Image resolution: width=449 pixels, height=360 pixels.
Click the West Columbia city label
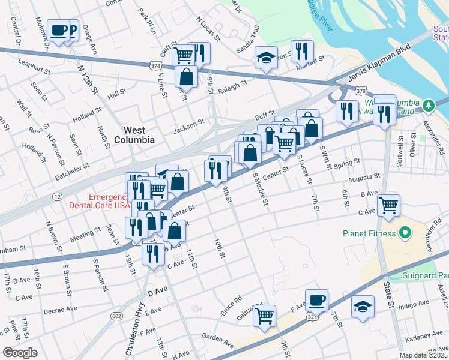coord(139,134)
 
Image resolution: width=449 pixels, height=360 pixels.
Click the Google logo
coord(19,353)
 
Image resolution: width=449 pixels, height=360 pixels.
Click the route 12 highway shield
coord(57,197)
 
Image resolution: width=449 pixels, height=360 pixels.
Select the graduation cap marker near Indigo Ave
coord(363,307)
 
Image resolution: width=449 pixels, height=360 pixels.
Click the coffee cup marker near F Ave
coord(316,300)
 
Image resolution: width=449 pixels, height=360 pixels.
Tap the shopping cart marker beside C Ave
coord(389,206)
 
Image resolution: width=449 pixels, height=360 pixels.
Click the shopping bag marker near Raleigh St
coord(187,77)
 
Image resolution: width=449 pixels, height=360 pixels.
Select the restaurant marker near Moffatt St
coord(302,50)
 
